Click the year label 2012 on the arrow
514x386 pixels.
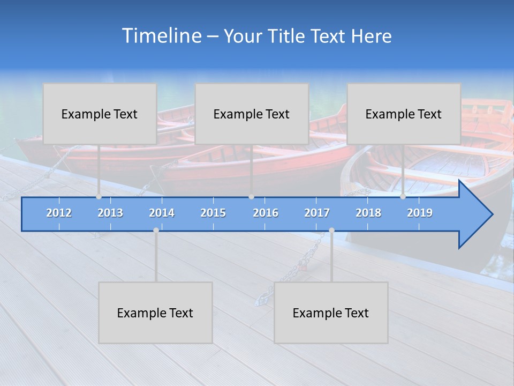59,213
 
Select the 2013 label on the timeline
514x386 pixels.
110,213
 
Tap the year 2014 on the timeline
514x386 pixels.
162,213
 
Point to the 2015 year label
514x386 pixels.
213,213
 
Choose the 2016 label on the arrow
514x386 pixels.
266,213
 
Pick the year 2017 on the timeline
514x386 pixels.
317,213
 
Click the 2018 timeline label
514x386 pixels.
368,213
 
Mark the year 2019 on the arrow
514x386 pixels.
420,213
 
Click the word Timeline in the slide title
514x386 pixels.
161,36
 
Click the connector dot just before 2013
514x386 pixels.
99,197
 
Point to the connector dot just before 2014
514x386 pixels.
156,230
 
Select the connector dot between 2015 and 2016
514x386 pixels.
252,197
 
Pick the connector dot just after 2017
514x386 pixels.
331,230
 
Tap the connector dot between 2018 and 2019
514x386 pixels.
403,197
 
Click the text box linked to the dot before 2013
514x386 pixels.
100,114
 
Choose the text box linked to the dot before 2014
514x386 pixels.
155,313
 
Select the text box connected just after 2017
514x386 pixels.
331,313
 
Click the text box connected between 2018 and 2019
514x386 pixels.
404,114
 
